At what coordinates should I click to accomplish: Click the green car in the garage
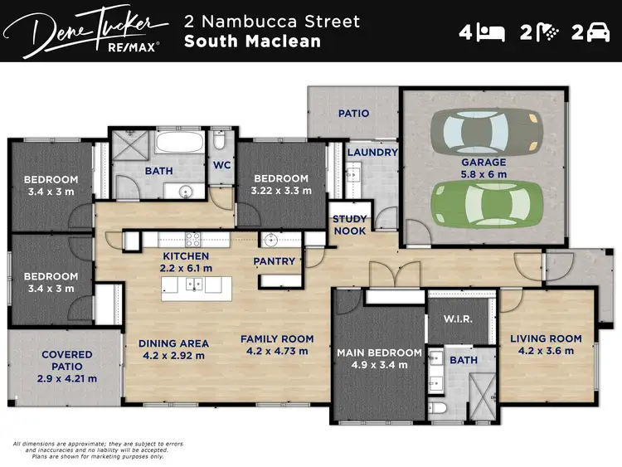tap(486, 203)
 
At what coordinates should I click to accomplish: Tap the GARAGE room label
tap(483, 163)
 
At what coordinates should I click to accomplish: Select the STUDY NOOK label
tap(349, 225)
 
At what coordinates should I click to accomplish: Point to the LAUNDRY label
tap(372, 153)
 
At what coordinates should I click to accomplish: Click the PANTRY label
tap(275, 261)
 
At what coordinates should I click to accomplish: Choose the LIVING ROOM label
tap(546, 338)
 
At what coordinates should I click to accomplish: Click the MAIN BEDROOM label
tap(378, 353)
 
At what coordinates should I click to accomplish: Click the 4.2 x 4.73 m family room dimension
tap(277, 351)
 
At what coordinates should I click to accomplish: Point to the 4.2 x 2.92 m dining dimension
tap(173, 356)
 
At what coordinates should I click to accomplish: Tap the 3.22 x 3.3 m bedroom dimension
tap(281, 190)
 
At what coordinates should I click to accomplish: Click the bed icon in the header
tap(493, 33)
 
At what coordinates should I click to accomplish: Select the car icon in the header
tap(598, 33)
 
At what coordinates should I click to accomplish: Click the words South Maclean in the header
tap(252, 41)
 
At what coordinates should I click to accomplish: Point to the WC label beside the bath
tap(221, 165)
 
